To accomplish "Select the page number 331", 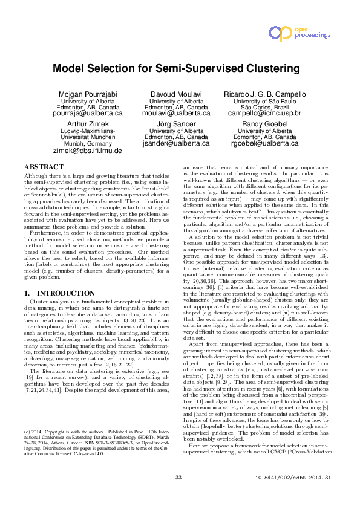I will point(180,494).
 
